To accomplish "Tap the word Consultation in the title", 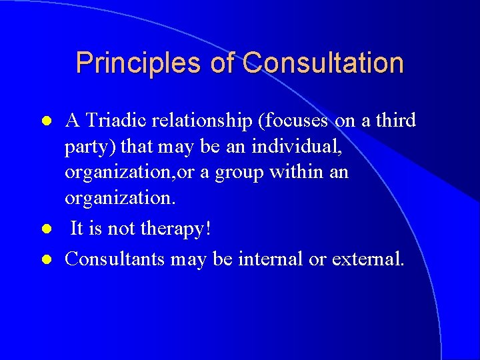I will [x=323, y=63].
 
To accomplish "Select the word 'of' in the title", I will [x=223, y=63].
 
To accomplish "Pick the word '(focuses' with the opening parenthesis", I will [x=293, y=121].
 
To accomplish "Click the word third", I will [x=393, y=121].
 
